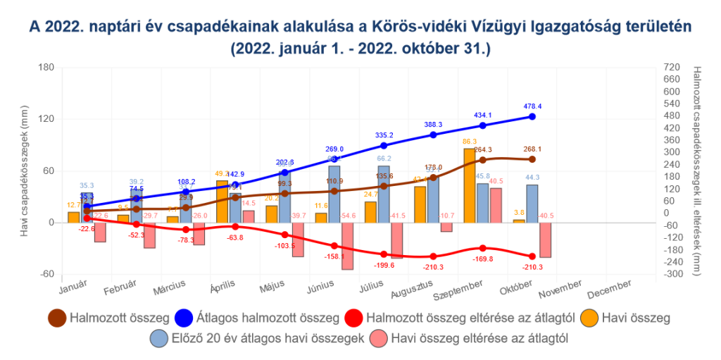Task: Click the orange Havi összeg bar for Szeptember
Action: (468, 185)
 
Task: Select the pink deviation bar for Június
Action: (347, 246)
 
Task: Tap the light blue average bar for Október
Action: (532, 203)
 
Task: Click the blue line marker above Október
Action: (532, 116)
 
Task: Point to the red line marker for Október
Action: (532, 256)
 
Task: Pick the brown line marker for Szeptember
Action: (483, 159)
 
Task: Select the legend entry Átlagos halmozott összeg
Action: (256, 318)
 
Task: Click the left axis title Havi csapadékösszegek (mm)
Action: (25, 170)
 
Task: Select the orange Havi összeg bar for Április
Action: (222, 201)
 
